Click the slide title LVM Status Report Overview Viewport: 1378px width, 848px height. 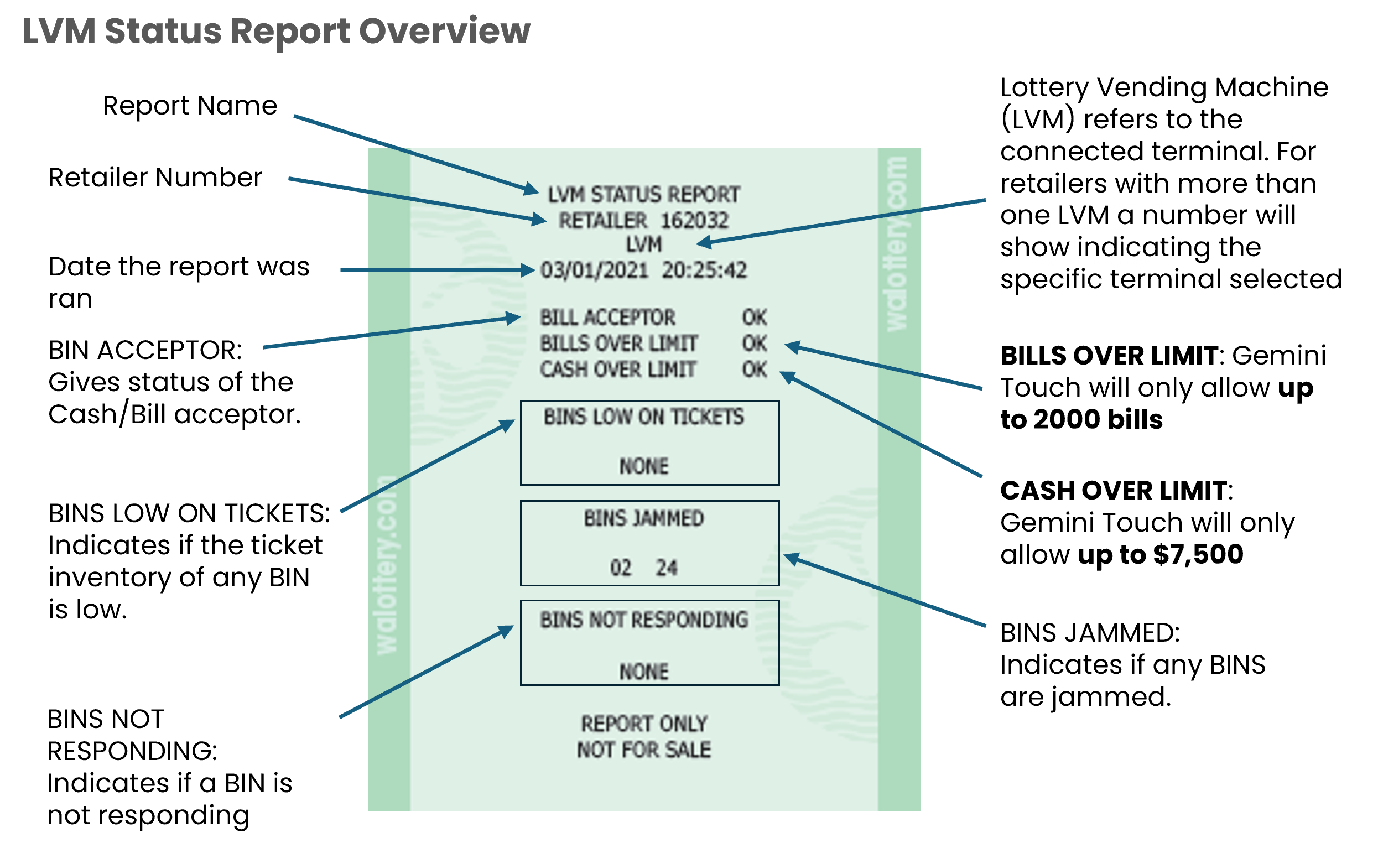(276, 31)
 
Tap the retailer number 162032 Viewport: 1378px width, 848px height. (694, 220)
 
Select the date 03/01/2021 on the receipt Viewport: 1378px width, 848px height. (594, 270)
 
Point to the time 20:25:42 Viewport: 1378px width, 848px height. (704, 270)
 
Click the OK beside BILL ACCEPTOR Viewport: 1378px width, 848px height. (755, 318)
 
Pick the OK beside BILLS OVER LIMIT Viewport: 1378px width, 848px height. (755, 343)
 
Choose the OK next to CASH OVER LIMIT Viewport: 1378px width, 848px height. (755, 369)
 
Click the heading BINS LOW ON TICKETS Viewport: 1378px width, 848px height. (643, 417)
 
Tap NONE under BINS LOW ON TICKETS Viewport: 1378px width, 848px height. (643, 466)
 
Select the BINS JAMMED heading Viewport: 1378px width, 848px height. (643, 518)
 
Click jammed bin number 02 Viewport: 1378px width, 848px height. (620, 568)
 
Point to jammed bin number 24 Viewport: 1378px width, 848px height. (666, 568)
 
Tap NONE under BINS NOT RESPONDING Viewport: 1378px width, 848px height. (643, 672)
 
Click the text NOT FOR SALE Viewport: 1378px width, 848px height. (643, 750)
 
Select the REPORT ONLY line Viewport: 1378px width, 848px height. (643, 724)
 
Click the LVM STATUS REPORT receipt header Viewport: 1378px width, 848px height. (643, 195)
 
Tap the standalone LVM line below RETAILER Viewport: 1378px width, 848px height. (643, 244)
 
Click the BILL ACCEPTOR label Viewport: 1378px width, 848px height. (607, 318)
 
